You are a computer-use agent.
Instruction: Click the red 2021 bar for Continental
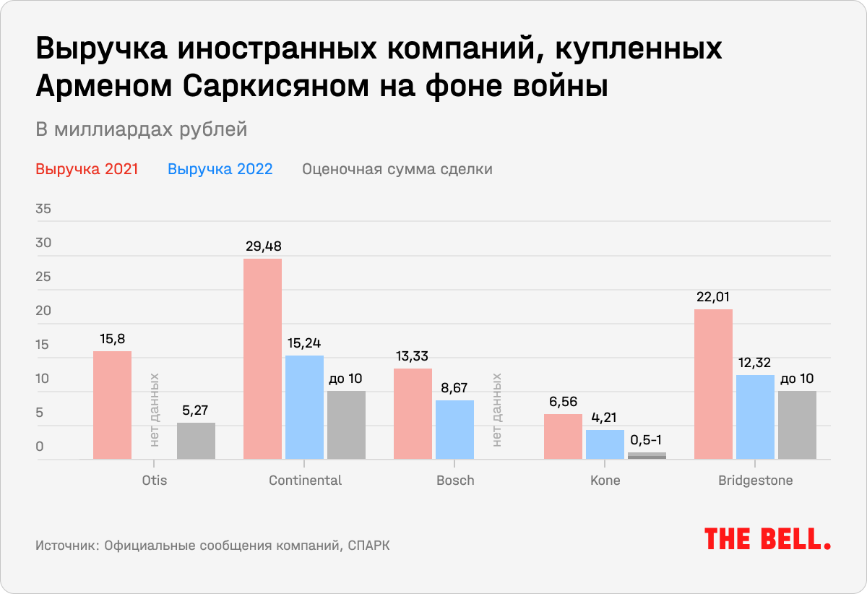(262, 358)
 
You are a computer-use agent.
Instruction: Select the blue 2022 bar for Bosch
(454, 429)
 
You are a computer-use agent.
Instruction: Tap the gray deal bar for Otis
(196, 441)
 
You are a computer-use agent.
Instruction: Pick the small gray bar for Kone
(647, 455)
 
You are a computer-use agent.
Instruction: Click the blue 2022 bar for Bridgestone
(755, 416)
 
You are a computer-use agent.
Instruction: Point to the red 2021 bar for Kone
(563, 436)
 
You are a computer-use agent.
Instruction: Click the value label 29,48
(262, 246)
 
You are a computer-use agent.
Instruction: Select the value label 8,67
(454, 388)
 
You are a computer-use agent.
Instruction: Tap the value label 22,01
(713, 297)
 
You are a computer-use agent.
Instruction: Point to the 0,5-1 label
(647, 439)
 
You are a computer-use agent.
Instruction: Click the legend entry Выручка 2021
(87, 170)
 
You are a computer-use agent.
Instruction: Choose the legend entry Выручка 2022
(220, 170)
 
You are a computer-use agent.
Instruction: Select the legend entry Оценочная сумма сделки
(397, 170)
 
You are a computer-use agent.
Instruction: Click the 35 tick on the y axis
(44, 210)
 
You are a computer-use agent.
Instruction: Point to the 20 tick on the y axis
(44, 311)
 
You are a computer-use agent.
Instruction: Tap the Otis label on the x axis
(154, 481)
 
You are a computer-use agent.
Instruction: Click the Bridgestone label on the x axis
(755, 481)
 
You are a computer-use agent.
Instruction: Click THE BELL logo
(767, 539)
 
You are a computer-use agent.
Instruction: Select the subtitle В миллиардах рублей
(142, 129)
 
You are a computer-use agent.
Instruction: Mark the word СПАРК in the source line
(368, 546)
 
